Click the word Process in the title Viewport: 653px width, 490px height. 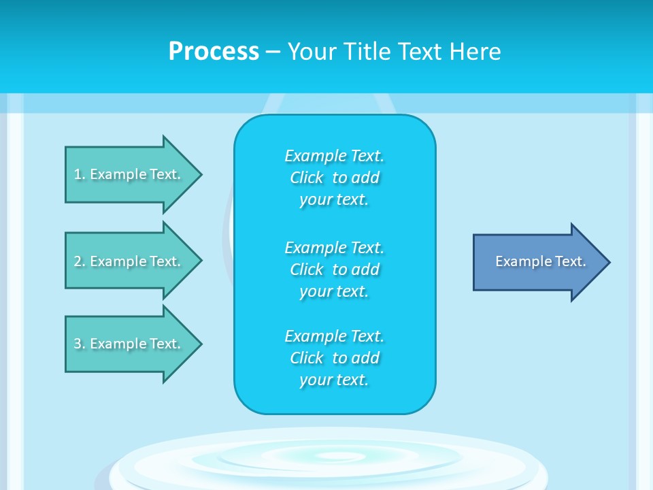pos(214,52)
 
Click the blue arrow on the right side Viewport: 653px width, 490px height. pos(537,262)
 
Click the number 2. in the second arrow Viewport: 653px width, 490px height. pos(80,261)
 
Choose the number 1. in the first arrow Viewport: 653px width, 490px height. pos(80,174)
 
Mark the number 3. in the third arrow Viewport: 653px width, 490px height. pos(80,344)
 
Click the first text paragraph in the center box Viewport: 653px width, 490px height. pos(334,178)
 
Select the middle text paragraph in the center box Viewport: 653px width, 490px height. pos(334,269)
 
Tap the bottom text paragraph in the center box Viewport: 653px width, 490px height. pos(334,358)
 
